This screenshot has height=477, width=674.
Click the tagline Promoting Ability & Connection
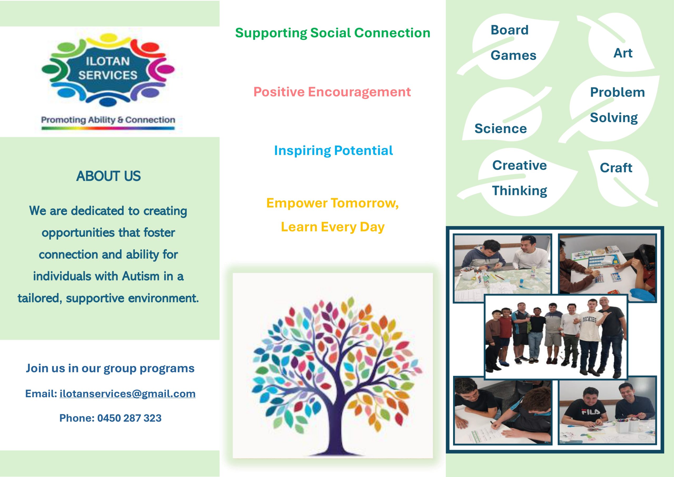tap(108, 120)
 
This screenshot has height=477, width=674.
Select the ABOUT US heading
tap(108, 176)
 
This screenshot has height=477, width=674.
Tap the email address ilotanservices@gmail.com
tap(127, 393)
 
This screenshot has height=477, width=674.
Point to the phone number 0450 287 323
tap(129, 418)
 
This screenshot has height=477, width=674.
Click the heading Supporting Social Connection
tap(333, 33)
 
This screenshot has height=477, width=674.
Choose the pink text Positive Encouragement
tap(332, 92)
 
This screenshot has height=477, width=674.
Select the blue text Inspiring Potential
tap(333, 150)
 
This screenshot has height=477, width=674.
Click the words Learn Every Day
tap(333, 227)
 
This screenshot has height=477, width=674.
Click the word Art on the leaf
tap(623, 53)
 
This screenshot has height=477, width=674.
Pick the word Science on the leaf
tap(500, 129)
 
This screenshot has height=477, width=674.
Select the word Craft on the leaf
tap(616, 168)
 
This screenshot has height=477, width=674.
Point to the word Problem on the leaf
tap(617, 92)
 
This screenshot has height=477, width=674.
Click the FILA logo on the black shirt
tap(591, 412)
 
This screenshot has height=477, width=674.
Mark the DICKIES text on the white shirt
tap(589, 319)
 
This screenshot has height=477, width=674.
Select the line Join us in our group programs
tap(110, 368)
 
